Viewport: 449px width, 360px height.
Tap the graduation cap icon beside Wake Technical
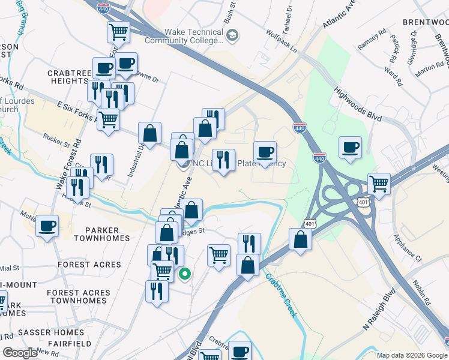(x=232, y=37)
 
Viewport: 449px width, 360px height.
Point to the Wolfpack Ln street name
(x=282, y=41)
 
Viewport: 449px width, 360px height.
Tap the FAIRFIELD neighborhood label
(x=71, y=344)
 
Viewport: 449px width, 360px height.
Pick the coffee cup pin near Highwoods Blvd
(x=350, y=147)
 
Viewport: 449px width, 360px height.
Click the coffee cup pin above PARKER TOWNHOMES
(x=47, y=226)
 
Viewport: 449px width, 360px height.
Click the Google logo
(x=20, y=353)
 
